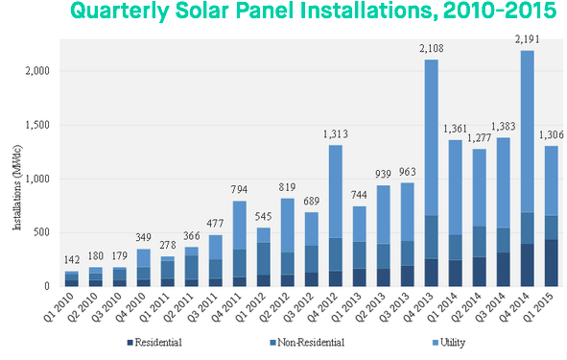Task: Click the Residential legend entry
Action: [155, 342]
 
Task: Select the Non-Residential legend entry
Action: [307, 342]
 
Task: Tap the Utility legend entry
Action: [458, 342]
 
